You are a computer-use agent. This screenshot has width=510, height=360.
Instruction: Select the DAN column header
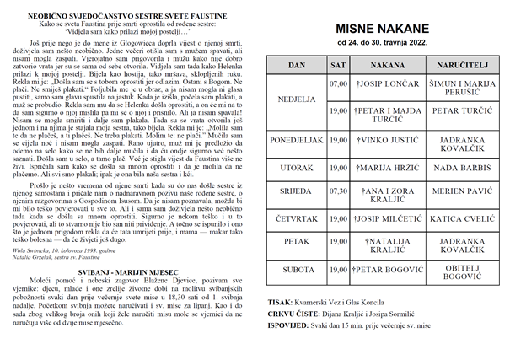pyautogui.click(x=297, y=64)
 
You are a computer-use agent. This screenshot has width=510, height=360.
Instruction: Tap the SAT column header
pyautogui.click(x=338, y=64)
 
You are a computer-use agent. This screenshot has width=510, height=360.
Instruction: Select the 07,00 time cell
pyautogui.click(x=338, y=84)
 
